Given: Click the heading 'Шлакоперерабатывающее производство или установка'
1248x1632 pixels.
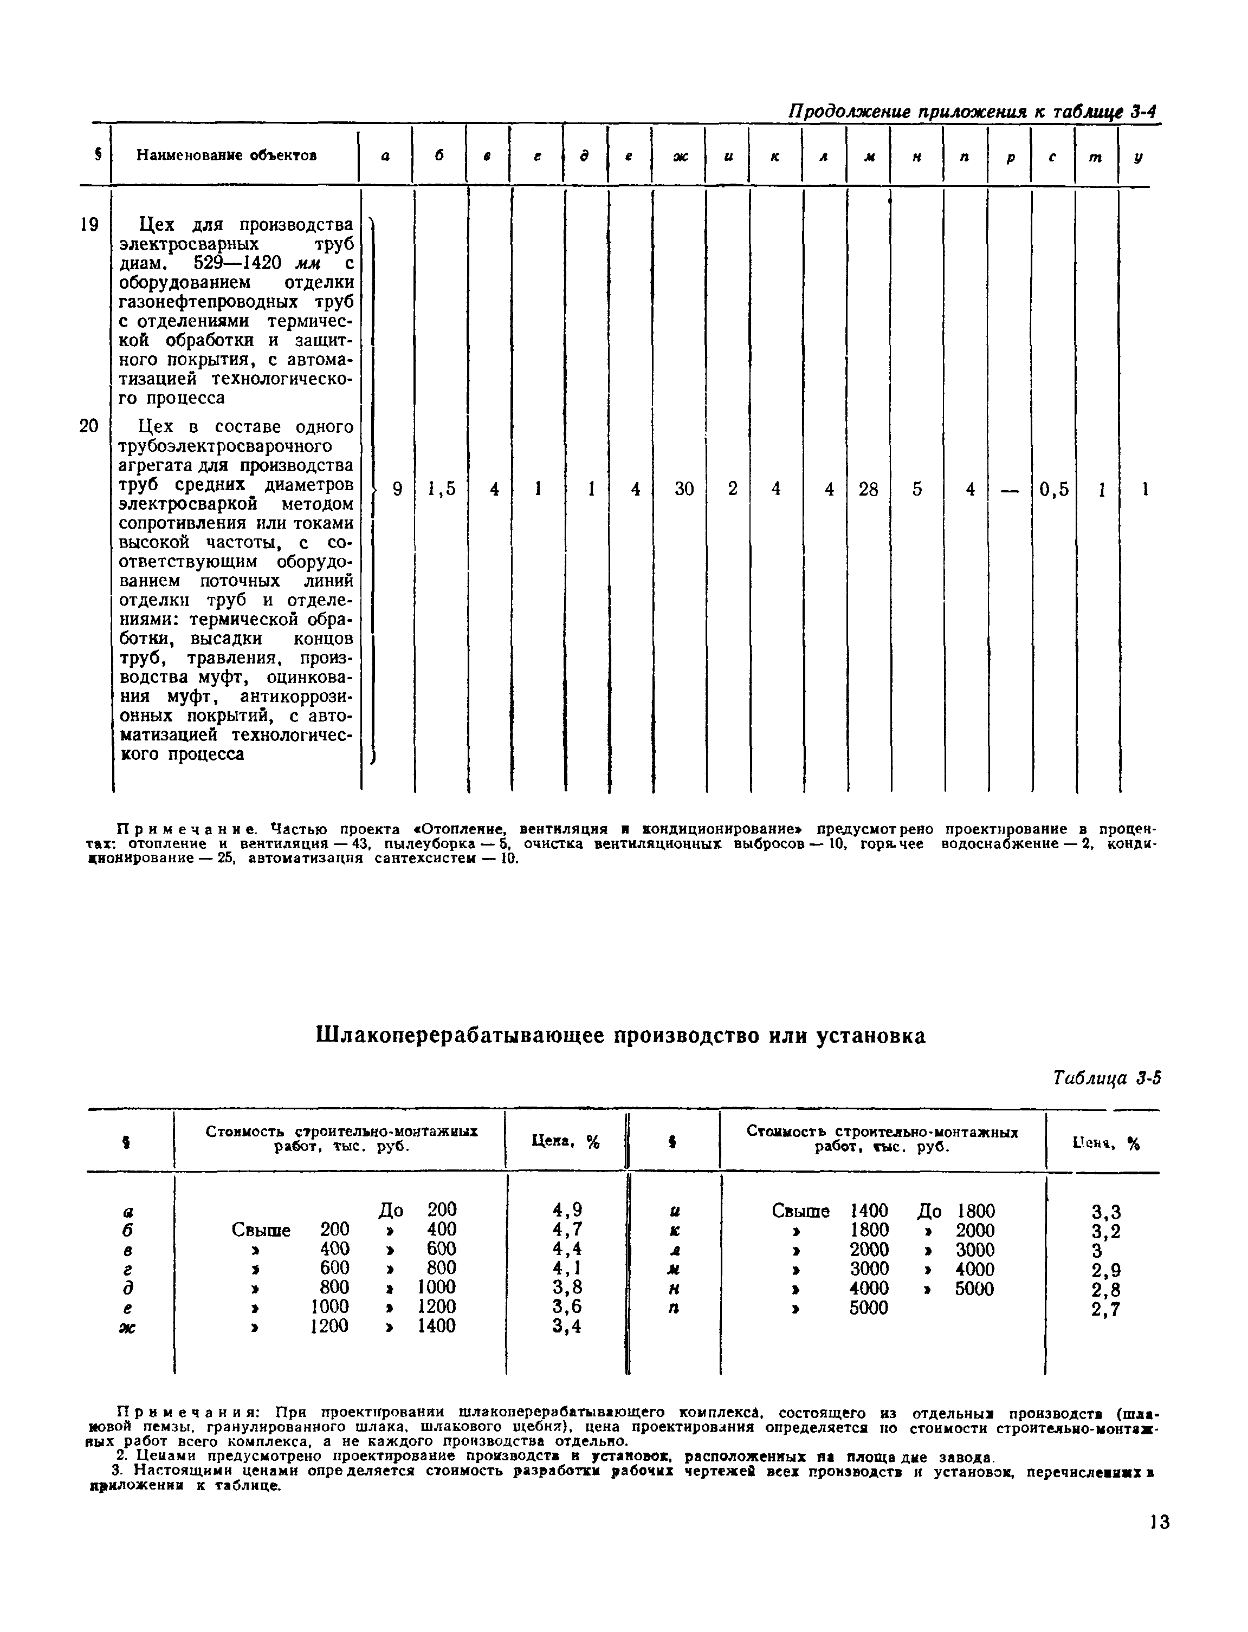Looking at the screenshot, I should click(621, 1036).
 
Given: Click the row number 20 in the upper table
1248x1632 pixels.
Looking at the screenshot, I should click(89, 426).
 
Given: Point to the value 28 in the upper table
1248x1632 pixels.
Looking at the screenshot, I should click(868, 489).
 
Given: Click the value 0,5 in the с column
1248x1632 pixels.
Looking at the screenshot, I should click(1053, 489).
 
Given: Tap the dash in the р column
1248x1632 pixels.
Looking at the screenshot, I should click(1009, 489).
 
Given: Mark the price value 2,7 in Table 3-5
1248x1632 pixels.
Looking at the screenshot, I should click(1105, 1310).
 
